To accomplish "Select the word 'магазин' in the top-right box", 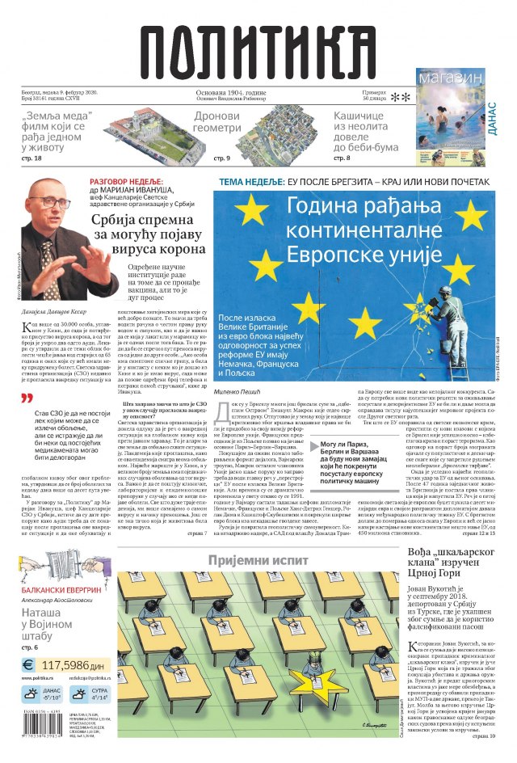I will (451, 78).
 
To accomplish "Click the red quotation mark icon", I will (27, 398).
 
